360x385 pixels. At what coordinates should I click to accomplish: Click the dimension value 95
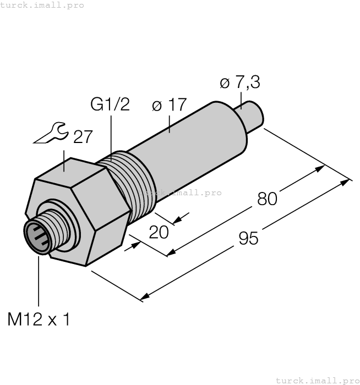coord(249,238)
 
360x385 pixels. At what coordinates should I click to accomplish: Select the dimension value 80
coord(267,199)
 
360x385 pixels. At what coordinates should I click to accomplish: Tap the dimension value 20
coord(159,232)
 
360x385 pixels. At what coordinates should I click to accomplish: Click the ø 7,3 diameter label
coord(240,83)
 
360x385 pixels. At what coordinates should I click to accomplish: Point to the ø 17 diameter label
coord(169,105)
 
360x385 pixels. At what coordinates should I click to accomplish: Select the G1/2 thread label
coord(110,104)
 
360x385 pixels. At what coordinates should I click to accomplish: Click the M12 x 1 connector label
coord(39,319)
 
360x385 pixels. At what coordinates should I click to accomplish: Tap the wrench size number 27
coord(83,136)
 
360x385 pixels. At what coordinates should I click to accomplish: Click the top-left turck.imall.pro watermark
coord(42,5)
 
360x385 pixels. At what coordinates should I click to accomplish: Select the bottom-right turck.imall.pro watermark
coord(317,380)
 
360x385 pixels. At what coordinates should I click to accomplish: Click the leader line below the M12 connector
coord(39,280)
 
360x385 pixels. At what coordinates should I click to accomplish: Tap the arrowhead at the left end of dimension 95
coord(145,297)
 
